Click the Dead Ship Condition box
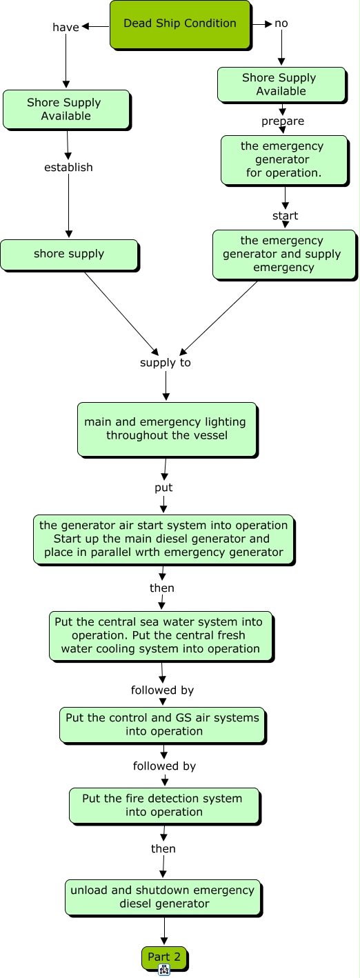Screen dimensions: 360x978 click(x=180, y=24)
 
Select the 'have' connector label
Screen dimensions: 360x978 click(x=66, y=27)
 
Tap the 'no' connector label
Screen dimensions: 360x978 click(x=281, y=23)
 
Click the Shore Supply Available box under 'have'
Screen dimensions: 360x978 click(x=66, y=110)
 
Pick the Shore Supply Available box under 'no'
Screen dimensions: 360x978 click(x=282, y=85)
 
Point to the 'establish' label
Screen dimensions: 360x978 click(x=68, y=167)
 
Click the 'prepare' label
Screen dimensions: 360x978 click(x=283, y=121)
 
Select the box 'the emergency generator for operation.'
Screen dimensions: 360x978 click(x=285, y=160)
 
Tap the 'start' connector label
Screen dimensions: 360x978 click(x=286, y=216)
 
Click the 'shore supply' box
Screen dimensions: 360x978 click(x=70, y=255)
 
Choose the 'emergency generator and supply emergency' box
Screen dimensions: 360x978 click(x=285, y=255)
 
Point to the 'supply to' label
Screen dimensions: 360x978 click(x=166, y=363)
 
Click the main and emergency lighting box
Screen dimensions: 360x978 click(x=168, y=430)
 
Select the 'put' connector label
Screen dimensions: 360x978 click(x=163, y=488)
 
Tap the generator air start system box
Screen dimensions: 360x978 click(x=164, y=539)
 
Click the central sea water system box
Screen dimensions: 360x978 click(x=161, y=636)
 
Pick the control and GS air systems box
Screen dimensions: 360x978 click(x=163, y=725)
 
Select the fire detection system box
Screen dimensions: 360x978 click(x=165, y=806)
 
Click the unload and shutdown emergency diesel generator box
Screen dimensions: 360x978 click(x=163, y=898)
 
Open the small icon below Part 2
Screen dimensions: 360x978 click(x=164, y=970)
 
